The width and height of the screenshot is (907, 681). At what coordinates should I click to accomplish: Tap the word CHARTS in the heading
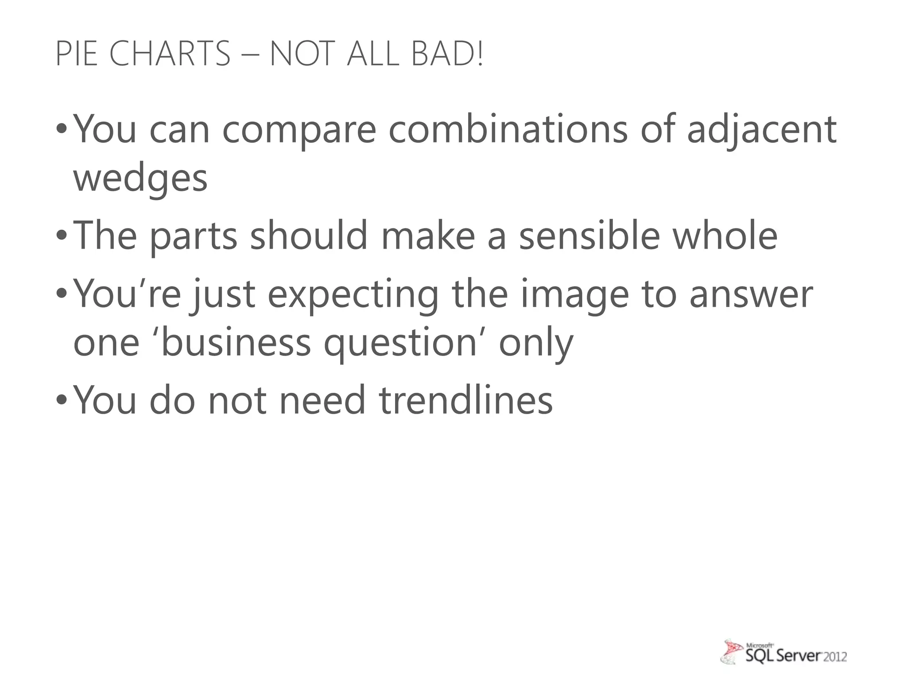(170, 54)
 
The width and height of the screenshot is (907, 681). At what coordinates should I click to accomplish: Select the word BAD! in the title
(447, 54)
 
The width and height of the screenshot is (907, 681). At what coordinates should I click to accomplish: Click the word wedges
(140, 179)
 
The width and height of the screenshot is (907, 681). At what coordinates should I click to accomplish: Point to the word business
(236, 342)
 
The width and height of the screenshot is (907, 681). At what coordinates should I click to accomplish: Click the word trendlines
(466, 400)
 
